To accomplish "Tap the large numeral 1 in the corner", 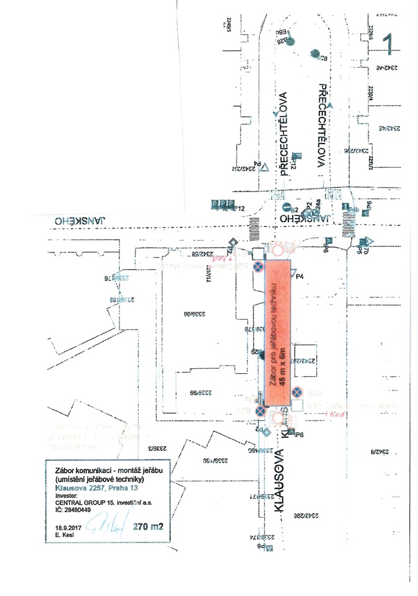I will click(x=389, y=43).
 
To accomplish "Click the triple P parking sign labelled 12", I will click(x=222, y=204).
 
